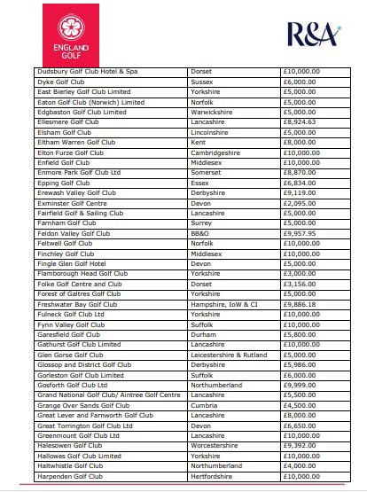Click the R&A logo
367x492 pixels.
click(x=313, y=35)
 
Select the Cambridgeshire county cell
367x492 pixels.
click(x=219, y=153)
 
